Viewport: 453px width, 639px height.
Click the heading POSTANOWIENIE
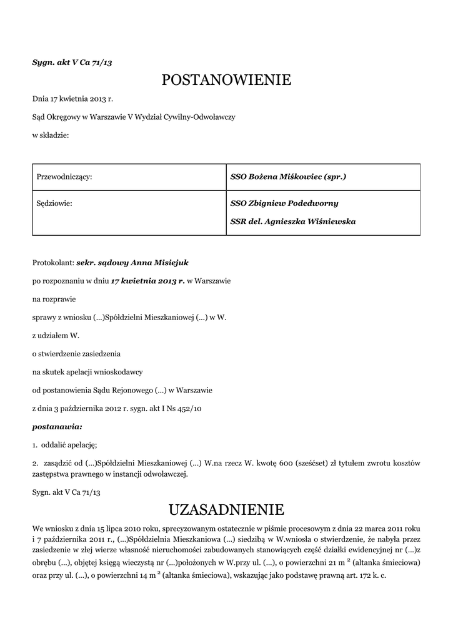coord(226,80)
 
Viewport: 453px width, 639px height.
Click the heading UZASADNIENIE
coord(226,510)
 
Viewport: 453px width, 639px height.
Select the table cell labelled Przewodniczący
coord(65,177)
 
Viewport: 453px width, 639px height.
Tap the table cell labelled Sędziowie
coord(56,203)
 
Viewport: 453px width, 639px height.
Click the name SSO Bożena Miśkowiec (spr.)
coord(288,177)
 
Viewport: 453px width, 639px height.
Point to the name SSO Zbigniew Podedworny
coord(284,203)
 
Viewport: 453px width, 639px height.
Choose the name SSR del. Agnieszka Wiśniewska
coord(294,222)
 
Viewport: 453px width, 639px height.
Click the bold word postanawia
coord(57,427)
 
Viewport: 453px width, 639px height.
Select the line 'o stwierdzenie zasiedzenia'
coord(76,354)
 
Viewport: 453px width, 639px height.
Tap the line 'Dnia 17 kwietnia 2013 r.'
coord(72,99)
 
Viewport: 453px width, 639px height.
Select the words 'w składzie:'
coord(51,135)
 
